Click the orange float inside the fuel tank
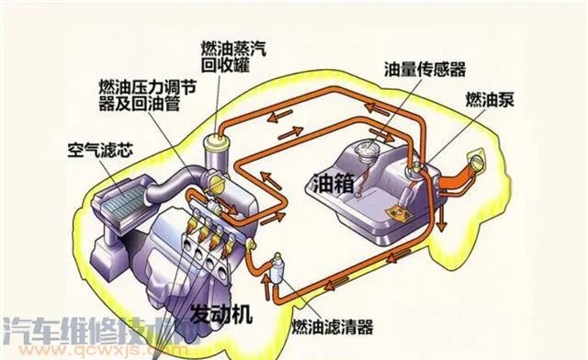point(398,212)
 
